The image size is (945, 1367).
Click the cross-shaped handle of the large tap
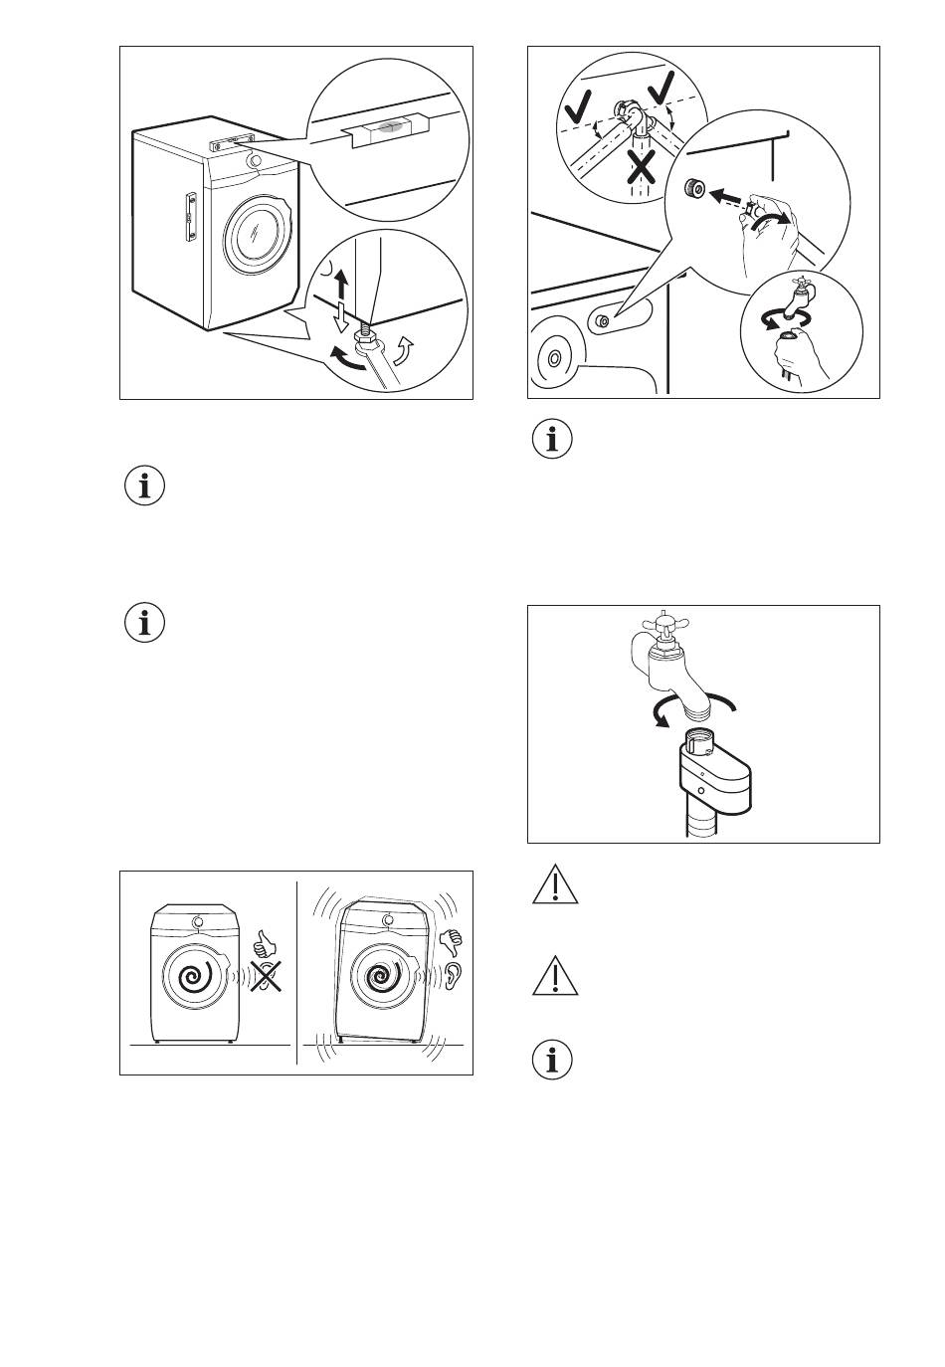(x=658, y=627)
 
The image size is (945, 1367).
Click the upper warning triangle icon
(x=554, y=885)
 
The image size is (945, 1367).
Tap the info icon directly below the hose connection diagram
(x=553, y=441)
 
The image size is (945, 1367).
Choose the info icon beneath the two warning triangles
(x=553, y=1061)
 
